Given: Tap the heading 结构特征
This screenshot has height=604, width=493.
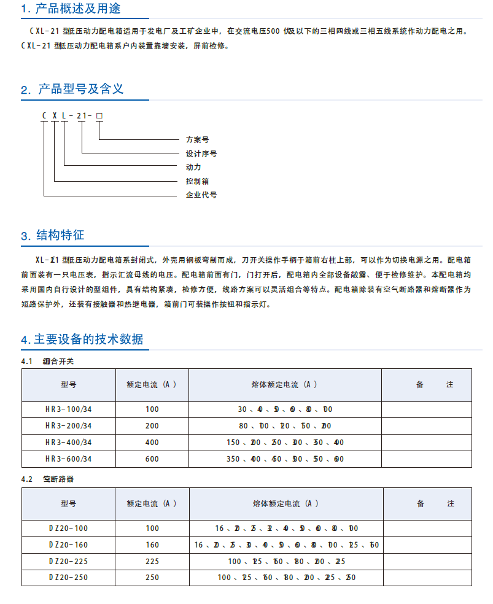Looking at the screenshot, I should (x=60, y=235).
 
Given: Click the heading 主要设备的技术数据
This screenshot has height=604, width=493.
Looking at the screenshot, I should (x=88, y=339).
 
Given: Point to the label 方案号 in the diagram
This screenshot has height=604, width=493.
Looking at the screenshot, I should (x=198, y=140).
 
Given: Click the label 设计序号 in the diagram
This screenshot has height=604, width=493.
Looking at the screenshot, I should (x=201, y=153).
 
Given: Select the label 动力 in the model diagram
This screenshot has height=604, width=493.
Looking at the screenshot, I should (x=193, y=167).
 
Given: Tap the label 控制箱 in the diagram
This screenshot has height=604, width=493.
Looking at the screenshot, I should (x=198, y=181).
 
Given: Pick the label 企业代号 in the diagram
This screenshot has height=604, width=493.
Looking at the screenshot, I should (x=201, y=195).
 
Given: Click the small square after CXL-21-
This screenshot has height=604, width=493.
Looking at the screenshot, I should (x=99, y=115).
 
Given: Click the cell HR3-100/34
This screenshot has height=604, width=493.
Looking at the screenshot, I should (x=69, y=409).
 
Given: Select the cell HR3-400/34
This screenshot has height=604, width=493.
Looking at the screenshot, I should (x=69, y=443).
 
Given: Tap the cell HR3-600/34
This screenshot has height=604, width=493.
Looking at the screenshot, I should (x=69, y=459).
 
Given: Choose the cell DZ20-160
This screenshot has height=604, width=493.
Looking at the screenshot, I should (x=69, y=544).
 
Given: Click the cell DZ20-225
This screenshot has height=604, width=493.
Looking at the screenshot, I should (x=69, y=561).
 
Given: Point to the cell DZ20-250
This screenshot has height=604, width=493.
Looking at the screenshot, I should (x=69, y=578).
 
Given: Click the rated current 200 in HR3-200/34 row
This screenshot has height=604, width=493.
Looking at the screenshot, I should (x=152, y=426).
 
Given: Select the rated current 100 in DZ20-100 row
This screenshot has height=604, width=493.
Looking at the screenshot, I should (x=152, y=528).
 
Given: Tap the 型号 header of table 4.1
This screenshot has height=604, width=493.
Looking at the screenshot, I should (x=69, y=385).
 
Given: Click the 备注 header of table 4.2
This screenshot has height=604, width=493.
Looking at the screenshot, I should (x=435, y=504).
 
